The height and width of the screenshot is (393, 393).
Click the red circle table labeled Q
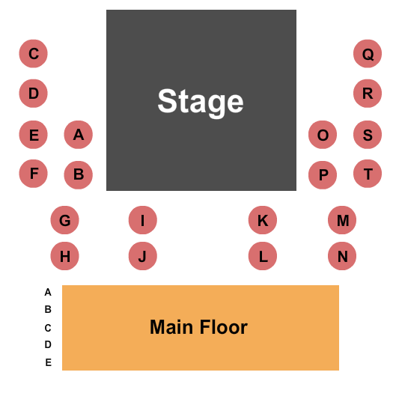[x=368, y=54]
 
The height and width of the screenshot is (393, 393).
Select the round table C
[x=34, y=54]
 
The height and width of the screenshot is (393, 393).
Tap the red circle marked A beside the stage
[x=79, y=135]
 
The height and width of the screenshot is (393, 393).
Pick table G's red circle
[x=64, y=220]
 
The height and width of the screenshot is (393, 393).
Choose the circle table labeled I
[x=143, y=220]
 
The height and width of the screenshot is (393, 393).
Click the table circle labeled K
[x=263, y=220]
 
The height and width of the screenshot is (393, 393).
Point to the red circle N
[x=342, y=256]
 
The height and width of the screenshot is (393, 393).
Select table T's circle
[x=368, y=174]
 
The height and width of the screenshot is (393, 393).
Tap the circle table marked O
[x=323, y=135]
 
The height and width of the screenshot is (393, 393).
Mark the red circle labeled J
[x=143, y=256]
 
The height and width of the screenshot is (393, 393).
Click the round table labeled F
[x=34, y=174]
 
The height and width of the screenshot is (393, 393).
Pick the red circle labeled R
[x=368, y=94]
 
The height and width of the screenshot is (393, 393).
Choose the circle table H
[x=64, y=256]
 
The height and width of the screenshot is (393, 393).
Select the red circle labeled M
[x=342, y=220]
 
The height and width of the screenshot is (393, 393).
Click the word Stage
[x=201, y=103]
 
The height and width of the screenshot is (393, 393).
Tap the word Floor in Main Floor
[x=224, y=327]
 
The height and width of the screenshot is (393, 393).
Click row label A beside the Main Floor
[x=48, y=292]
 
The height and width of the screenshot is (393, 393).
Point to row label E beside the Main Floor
[x=49, y=362]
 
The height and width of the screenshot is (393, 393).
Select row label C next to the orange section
[x=48, y=328]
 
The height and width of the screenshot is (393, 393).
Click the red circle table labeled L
[x=263, y=256]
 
